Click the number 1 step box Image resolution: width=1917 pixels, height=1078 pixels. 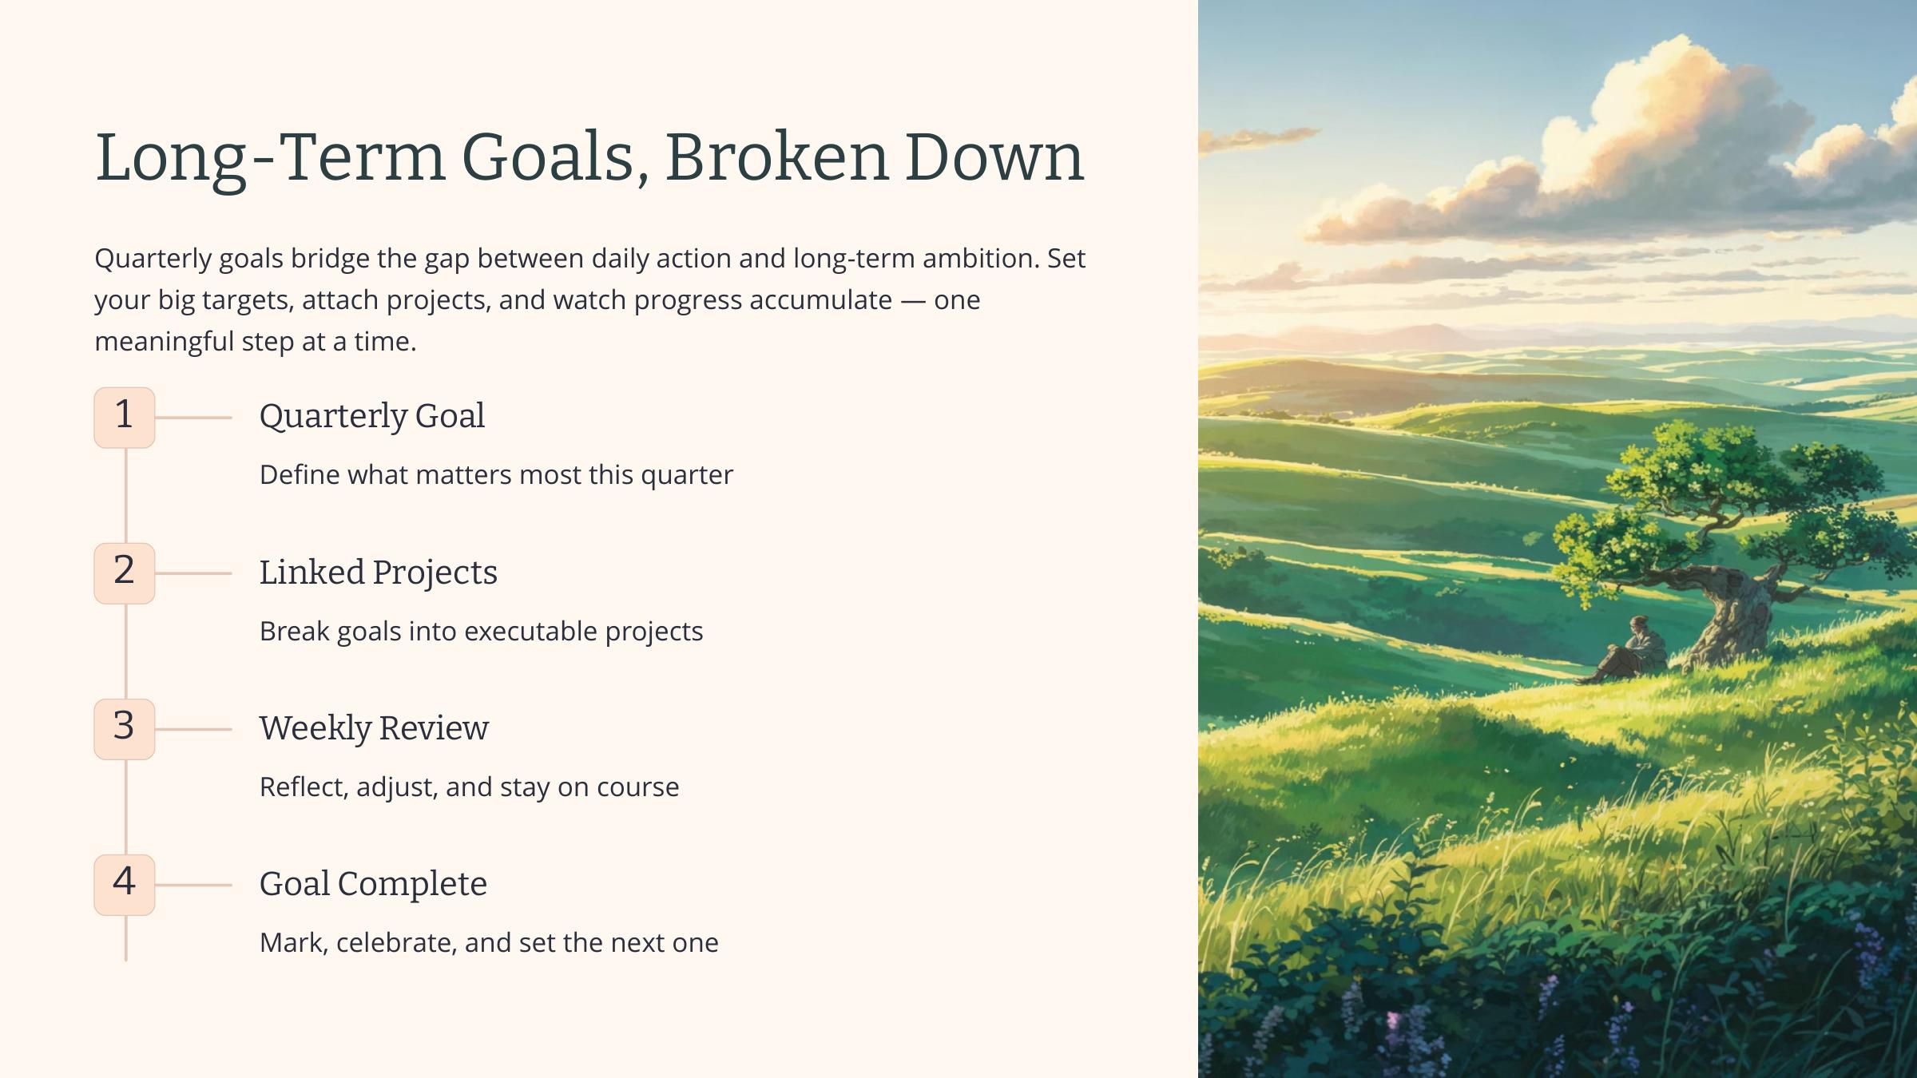click(125, 418)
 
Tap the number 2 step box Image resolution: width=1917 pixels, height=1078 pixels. click(125, 573)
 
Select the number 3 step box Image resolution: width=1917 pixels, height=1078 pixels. click(125, 729)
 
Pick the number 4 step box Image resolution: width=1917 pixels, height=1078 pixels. click(125, 885)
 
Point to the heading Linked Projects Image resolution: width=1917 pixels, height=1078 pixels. click(379, 573)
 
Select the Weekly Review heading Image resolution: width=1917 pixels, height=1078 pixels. click(374, 728)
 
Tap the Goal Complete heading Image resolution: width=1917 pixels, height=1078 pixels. click(373, 884)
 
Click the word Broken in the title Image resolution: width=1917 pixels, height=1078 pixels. click(776, 157)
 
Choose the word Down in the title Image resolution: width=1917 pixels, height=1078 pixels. click(994, 157)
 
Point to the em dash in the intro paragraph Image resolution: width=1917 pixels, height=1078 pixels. click(913, 300)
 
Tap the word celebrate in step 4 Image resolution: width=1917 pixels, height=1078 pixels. click(396, 943)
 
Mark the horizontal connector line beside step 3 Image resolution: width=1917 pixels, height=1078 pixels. click(193, 729)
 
